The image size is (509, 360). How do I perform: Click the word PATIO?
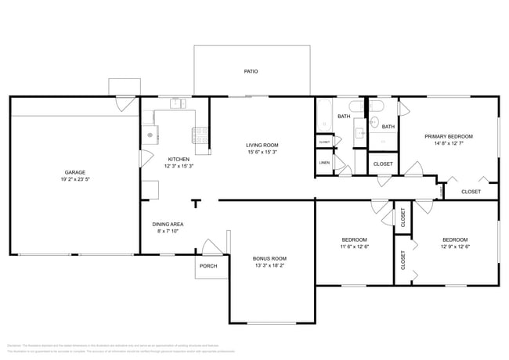(251, 71)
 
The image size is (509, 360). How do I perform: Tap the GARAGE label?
(75, 172)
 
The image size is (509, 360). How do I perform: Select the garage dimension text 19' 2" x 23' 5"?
(75, 179)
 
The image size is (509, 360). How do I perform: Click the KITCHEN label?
(179, 159)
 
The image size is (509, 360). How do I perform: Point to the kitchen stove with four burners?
(201, 135)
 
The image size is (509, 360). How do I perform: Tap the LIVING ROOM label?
(263, 145)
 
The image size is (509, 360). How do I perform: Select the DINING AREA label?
(168, 224)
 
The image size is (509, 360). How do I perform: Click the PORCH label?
(208, 265)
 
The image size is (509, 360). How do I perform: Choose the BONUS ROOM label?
(269, 258)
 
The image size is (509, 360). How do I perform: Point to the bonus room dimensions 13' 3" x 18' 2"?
(269, 265)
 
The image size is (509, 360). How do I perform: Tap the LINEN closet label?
(324, 163)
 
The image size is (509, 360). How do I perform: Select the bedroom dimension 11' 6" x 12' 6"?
(354, 247)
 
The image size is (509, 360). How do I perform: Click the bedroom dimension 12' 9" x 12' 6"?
(455, 247)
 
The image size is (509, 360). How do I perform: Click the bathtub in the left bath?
(325, 117)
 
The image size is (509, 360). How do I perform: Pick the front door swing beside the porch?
(210, 247)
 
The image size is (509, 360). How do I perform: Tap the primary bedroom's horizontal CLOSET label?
(471, 191)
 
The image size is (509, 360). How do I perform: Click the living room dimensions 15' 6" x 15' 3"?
(263, 152)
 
